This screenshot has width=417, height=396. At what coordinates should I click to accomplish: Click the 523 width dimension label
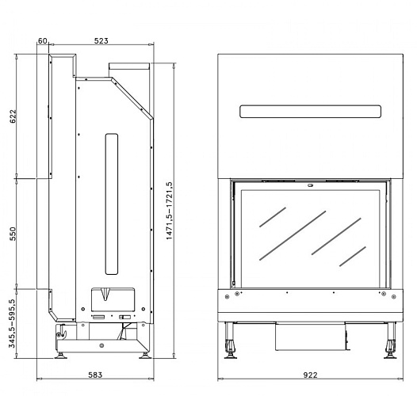pos(101,40)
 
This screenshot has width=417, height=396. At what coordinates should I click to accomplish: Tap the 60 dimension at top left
pos(43,40)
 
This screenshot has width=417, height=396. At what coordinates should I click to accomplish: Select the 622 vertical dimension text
pos(13,116)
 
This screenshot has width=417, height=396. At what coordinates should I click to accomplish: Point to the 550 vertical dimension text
pos(13,234)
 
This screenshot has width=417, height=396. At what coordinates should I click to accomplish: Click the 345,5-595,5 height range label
pos(12,323)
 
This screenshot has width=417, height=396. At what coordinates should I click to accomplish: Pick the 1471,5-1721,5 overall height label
pos(170,211)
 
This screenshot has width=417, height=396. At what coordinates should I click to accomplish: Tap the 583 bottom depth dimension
pos(95,375)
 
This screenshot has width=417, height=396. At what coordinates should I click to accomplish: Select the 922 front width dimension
pos(310,375)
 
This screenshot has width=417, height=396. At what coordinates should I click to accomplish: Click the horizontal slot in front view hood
pos(310,112)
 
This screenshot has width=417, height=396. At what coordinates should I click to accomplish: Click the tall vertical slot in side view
pos(112,204)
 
